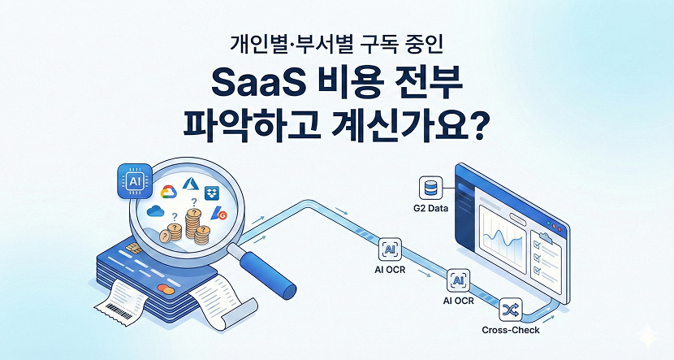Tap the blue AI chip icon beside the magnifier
click(x=132, y=180)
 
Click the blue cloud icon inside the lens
click(x=156, y=212)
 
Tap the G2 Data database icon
click(x=430, y=189)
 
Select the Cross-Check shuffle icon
click(x=512, y=310)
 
